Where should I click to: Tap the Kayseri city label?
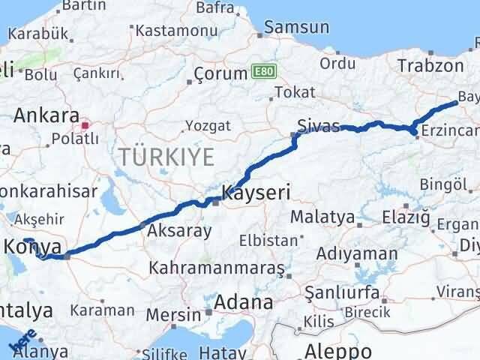point(256,193)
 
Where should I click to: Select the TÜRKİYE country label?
point(166,157)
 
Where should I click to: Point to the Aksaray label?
point(180,231)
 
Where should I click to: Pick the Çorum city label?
point(220,73)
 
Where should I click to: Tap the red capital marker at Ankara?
point(85,125)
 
